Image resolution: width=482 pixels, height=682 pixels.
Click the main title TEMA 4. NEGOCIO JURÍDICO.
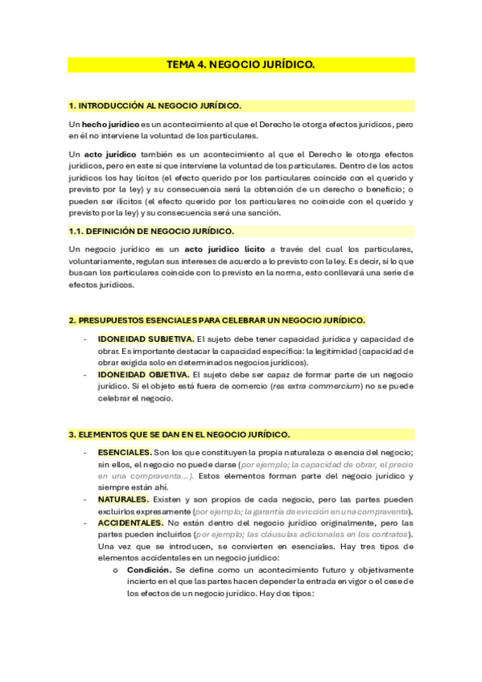point(241,64)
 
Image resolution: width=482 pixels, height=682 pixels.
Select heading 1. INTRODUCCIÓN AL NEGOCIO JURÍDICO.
point(155,105)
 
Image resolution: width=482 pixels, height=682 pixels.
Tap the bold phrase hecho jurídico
point(111,125)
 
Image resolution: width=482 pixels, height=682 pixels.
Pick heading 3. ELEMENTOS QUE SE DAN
point(179,433)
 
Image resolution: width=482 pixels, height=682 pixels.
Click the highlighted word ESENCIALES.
point(125,453)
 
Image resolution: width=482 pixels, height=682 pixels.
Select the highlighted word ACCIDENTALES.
point(130,524)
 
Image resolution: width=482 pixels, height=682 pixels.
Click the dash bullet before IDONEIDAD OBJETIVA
point(85,374)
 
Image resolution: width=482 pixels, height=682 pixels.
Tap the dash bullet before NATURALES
point(85,499)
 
